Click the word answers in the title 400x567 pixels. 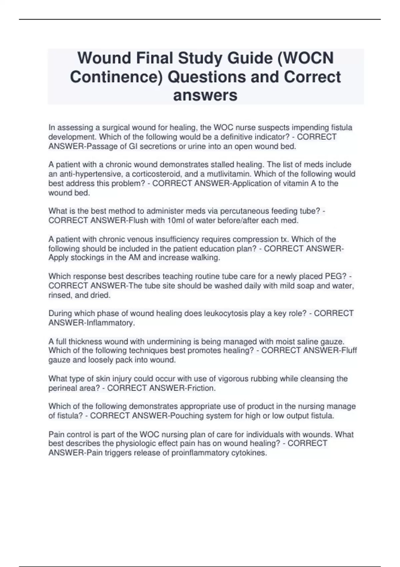[205, 95]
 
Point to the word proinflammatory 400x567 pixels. [200, 453]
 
